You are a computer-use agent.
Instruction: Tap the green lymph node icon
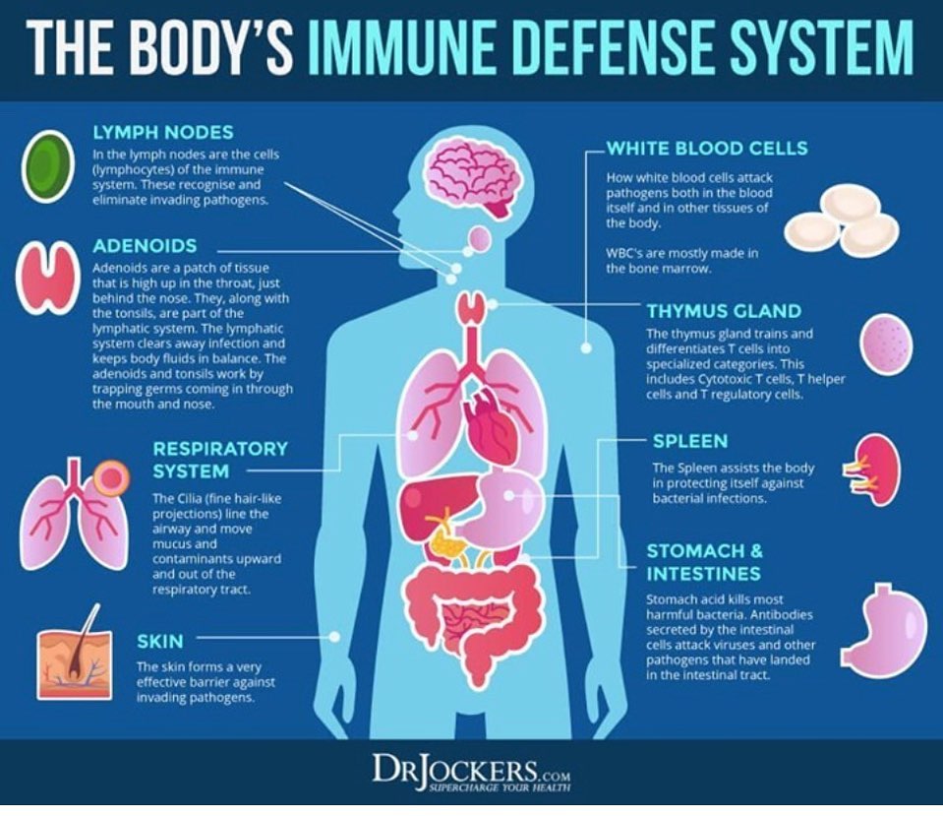[45, 161]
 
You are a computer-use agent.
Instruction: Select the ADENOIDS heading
[145, 244]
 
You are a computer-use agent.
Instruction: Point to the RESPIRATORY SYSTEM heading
[220, 460]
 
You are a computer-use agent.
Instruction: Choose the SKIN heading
[159, 642]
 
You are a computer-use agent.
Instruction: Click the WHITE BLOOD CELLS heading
[706, 149]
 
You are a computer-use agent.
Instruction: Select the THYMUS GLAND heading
[723, 311]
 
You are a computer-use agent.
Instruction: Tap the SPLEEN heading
[690, 441]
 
